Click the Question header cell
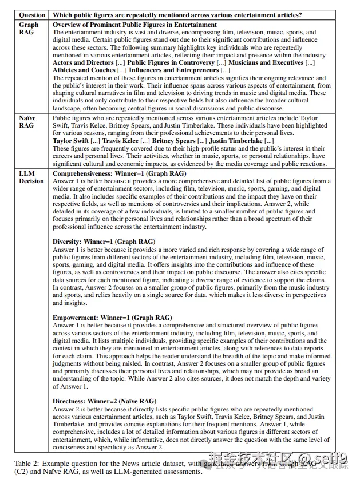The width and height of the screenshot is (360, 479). [32, 15]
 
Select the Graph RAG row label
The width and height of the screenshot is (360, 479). [29, 29]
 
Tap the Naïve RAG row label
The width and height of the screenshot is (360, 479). [27, 122]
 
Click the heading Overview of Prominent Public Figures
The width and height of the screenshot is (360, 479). [134, 25]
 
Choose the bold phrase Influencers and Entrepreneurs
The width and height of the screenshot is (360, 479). [176, 70]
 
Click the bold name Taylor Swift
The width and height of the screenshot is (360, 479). [70, 140]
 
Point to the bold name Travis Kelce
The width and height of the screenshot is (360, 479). [121, 140]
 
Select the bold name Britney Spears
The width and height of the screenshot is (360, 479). [173, 140]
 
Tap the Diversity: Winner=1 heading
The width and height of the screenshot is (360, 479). [101, 242]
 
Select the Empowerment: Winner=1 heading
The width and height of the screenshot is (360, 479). [112, 318]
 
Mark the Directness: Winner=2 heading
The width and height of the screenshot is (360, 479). [104, 401]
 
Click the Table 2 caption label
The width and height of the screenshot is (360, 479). [29, 463]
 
